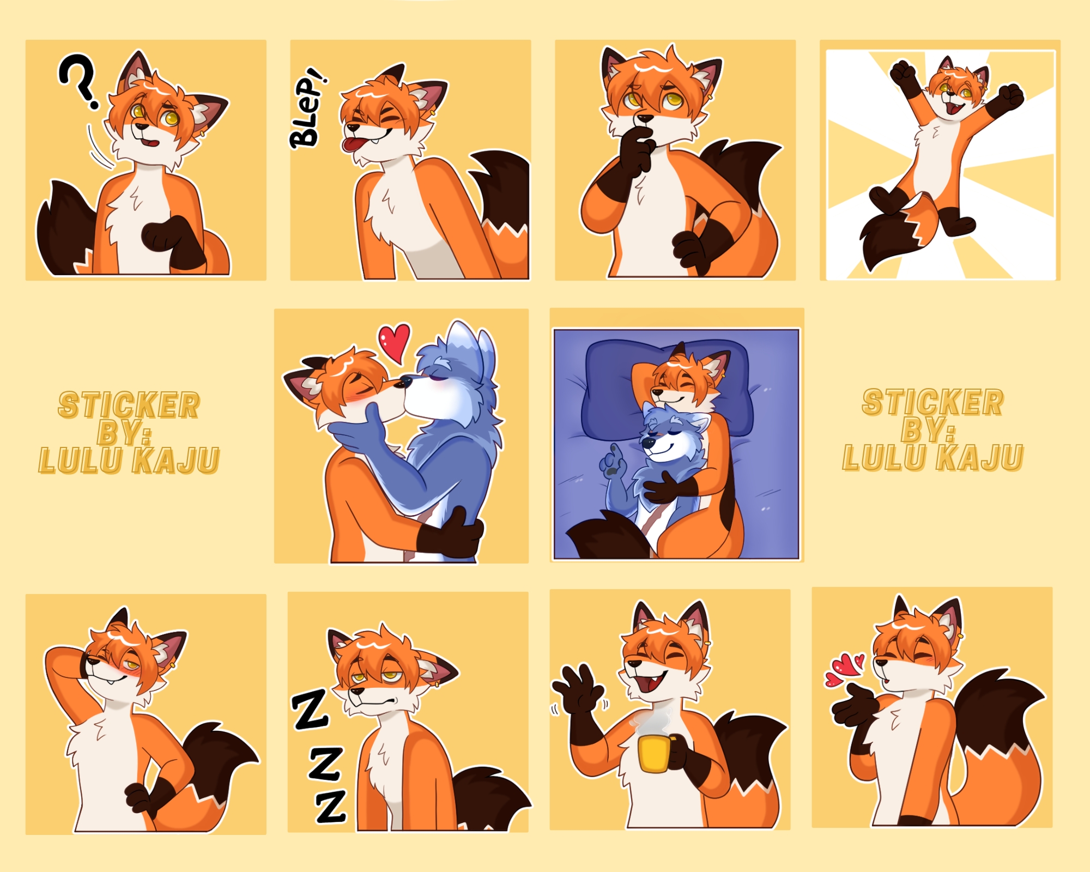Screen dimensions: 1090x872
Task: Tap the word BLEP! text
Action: point(308,108)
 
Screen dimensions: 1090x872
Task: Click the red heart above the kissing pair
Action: point(395,342)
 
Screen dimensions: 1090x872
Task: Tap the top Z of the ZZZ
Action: point(311,709)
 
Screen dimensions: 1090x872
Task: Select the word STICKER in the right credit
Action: point(932,403)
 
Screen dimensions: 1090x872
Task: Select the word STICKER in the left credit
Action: point(129,405)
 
